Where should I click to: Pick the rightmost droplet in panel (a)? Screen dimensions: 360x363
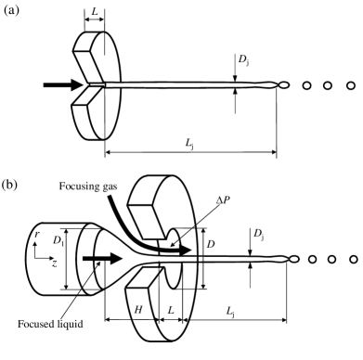click(x=351, y=86)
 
